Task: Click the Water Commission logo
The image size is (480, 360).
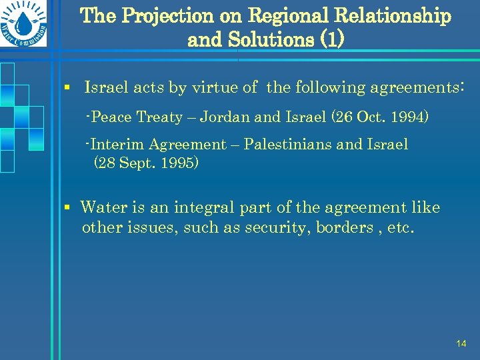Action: pos(25,29)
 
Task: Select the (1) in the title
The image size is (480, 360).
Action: pos(332,40)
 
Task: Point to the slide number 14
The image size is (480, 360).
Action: pos(461,343)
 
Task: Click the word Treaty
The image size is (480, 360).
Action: pos(159,117)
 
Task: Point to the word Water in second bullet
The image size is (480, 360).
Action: pos(103,207)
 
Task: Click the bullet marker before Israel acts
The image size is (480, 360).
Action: pos(68,87)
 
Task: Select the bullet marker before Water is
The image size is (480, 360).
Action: pos(68,207)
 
